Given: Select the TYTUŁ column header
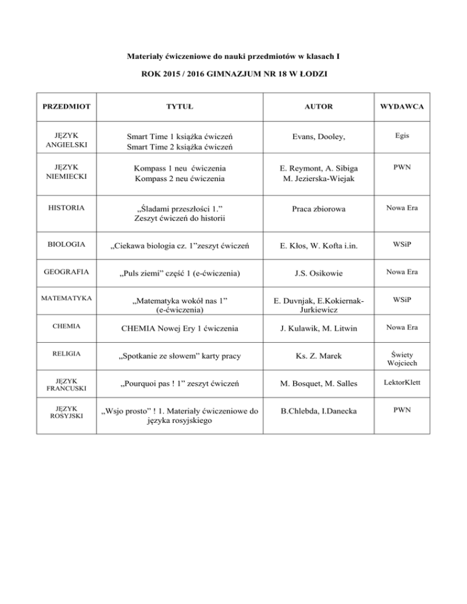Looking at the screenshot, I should (x=180, y=107).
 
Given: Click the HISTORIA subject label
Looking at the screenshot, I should (x=66, y=208).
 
